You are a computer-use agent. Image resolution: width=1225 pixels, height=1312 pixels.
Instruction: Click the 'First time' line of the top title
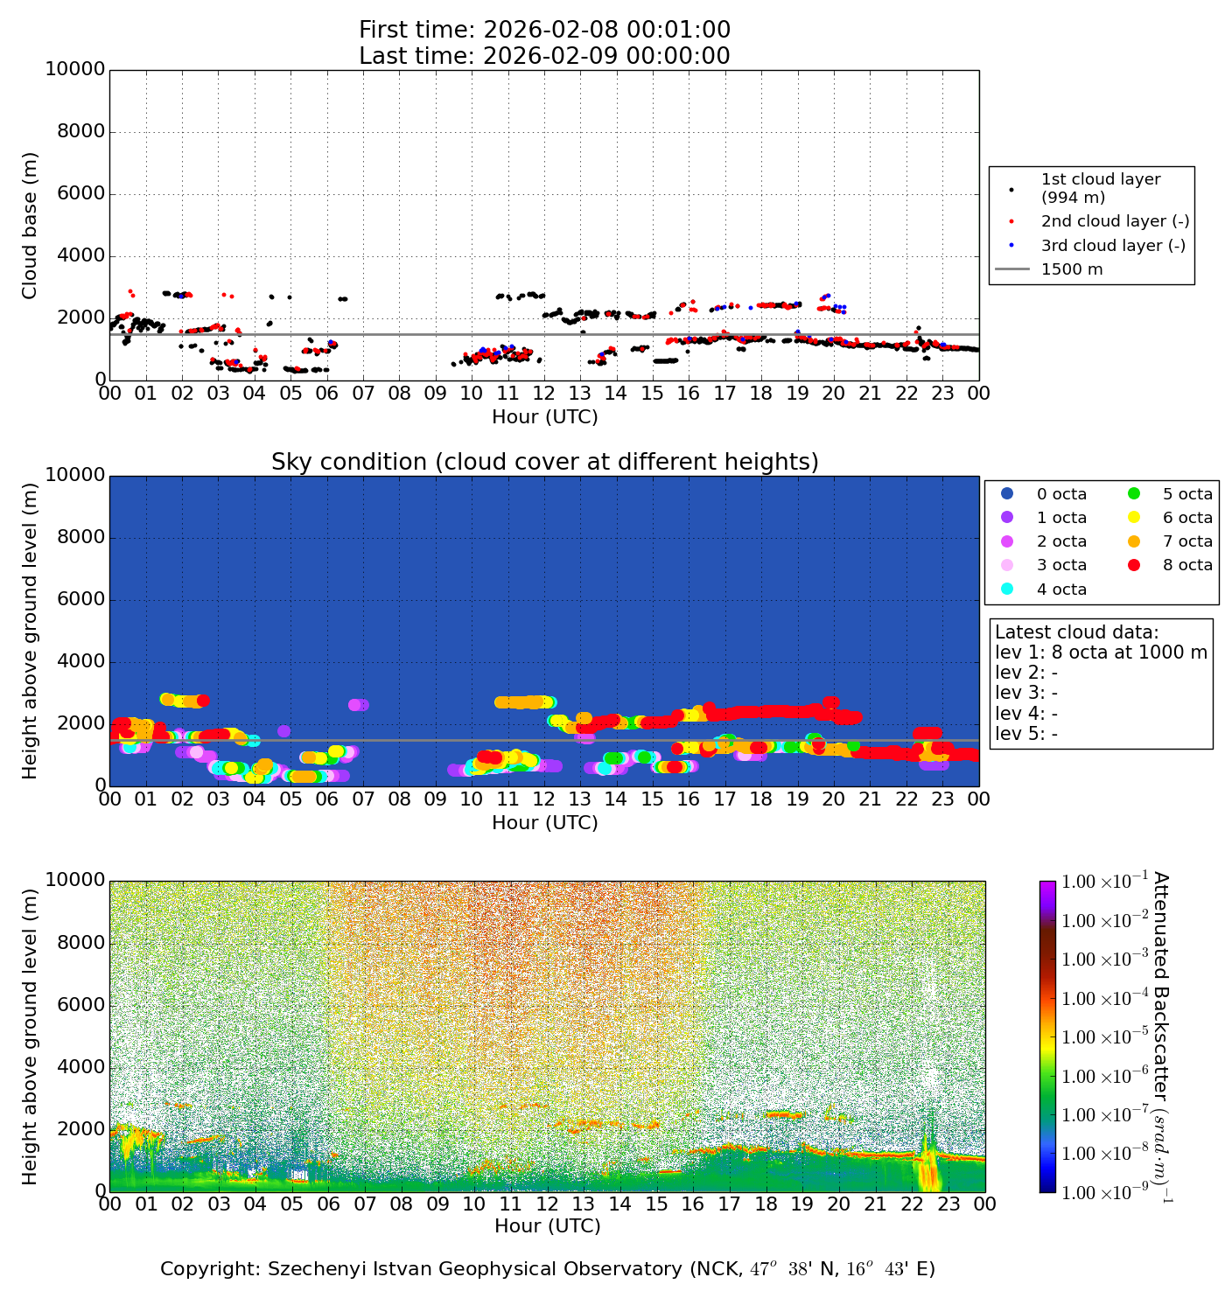pyautogui.click(x=544, y=31)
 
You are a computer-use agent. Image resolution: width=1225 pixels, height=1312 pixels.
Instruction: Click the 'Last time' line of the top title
pyautogui.click(x=544, y=56)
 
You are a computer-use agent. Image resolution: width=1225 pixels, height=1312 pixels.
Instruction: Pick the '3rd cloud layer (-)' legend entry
pyautogui.click(x=1113, y=246)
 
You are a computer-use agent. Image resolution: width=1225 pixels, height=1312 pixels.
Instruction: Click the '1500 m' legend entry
pyautogui.click(x=1072, y=269)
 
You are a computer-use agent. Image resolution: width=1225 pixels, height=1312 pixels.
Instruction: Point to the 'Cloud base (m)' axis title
pyautogui.click(x=31, y=226)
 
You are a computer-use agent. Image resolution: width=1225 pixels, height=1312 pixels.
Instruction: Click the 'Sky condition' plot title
pyautogui.click(x=544, y=462)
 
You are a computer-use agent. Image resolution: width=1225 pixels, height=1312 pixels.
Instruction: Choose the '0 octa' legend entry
pyautogui.click(x=1061, y=494)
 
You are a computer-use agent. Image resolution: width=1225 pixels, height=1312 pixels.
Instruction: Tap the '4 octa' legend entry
pyautogui.click(x=1061, y=590)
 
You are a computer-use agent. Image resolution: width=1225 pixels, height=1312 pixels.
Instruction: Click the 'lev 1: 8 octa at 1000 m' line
pyautogui.click(x=1101, y=653)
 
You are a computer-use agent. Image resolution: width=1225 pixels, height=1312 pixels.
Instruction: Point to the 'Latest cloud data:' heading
pyautogui.click(x=1076, y=632)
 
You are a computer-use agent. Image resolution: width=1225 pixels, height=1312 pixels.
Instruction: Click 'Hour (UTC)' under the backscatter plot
pyautogui.click(x=548, y=1226)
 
